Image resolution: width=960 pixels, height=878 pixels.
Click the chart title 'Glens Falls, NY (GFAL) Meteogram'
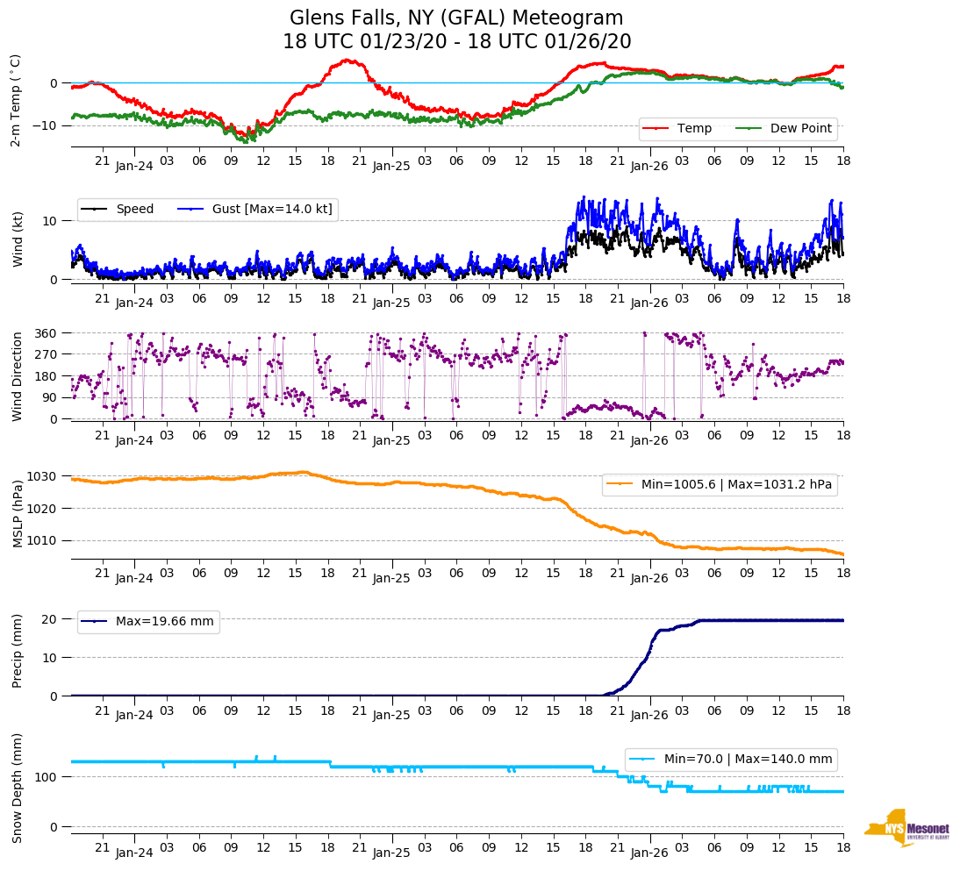(x=456, y=18)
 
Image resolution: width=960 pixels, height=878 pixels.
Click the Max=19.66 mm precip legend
(x=149, y=621)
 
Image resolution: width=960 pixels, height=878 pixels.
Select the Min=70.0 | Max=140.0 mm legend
(x=730, y=759)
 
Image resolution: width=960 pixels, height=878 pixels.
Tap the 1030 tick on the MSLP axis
(x=47, y=476)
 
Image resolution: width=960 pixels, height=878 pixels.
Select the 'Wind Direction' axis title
(x=18, y=375)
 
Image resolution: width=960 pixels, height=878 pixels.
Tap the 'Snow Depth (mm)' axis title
(x=18, y=788)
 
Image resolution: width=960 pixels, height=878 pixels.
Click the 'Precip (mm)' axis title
(x=18, y=651)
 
